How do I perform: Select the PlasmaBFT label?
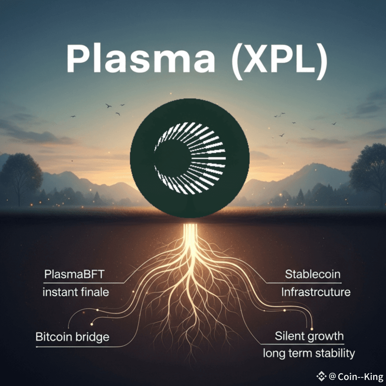point(74,274)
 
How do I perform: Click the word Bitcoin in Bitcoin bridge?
point(55,336)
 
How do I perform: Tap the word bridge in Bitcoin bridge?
point(93,336)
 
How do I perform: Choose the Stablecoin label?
point(312,274)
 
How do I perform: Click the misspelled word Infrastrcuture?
point(316,292)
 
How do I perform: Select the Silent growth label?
point(309,335)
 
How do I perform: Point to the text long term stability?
point(309,353)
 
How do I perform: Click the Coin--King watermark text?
point(360,377)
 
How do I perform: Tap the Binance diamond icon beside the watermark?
point(321,376)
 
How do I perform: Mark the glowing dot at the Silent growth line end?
point(312,329)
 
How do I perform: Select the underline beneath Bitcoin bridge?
point(75,346)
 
